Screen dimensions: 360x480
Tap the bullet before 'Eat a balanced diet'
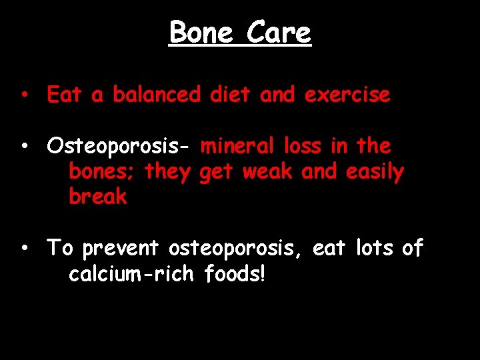click(23, 95)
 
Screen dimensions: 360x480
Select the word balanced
click(156, 95)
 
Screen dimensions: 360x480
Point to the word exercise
click(347, 95)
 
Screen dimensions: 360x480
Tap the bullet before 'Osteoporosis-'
click(23, 145)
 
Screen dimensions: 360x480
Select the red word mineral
click(237, 145)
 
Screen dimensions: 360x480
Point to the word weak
click(267, 172)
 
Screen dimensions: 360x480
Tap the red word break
click(97, 197)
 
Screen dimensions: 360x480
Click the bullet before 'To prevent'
click(23, 248)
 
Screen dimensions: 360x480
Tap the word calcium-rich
click(131, 274)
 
